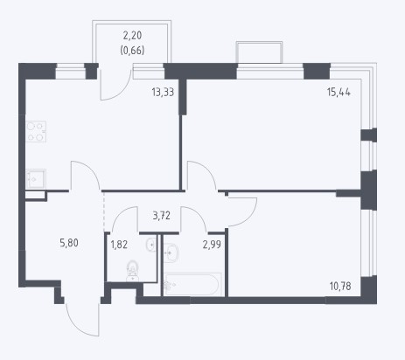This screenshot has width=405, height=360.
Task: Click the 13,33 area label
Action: [x=163, y=93]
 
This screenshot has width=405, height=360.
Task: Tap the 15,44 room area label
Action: [x=339, y=93]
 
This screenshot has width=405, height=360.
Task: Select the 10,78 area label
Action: [x=340, y=286]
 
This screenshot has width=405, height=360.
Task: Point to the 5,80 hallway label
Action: [x=69, y=243]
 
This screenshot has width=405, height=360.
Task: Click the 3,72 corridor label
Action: [x=162, y=216]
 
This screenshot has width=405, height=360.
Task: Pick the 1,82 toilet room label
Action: [x=119, y=245]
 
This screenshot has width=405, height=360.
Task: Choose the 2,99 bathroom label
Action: [x=212, y=245]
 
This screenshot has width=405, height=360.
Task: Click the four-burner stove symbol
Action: [x=36, y=131]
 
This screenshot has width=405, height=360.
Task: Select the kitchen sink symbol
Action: [x=36, y=178]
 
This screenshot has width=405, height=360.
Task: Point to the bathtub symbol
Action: [x=192, y=284]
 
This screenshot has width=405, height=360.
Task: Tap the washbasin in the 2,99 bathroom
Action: [x=171, y=253]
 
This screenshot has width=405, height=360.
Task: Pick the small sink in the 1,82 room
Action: [x=151, y=245]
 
